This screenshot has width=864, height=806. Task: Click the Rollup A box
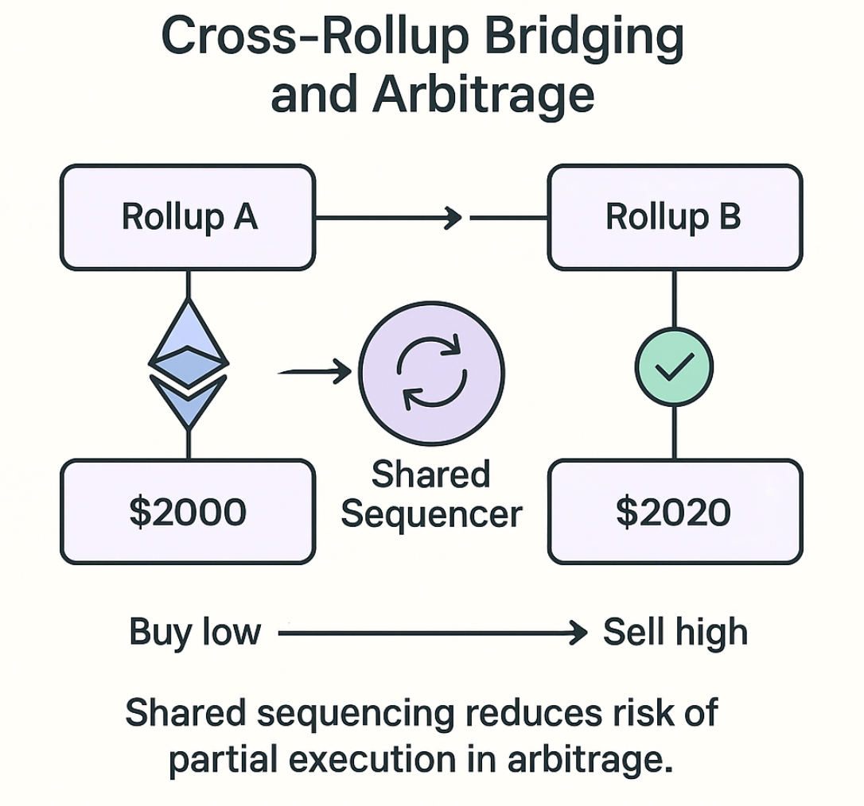[188, 217]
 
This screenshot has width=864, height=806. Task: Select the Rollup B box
[675, 217]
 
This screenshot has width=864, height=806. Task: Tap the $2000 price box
[188, 512]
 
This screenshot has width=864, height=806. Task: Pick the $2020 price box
[675, 512]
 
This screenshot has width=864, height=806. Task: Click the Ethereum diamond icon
[189, 365]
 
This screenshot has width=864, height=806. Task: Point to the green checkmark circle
[674, 366]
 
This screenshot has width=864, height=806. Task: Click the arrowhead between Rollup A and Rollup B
[454, 217]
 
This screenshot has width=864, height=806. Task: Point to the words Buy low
[195, 633]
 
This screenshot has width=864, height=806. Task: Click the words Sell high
[675, 633]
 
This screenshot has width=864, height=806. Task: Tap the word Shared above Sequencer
[430, 475]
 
